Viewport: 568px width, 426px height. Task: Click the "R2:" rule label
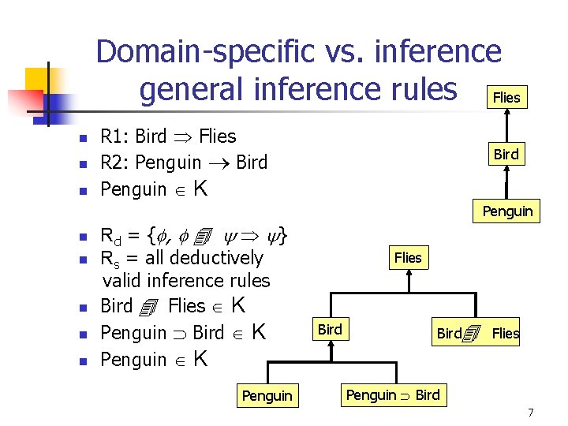[x=117, y=163]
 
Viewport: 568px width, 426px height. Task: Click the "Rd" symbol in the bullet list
[x=111, y=235]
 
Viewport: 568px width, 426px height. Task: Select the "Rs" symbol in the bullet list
[x=110, y=259]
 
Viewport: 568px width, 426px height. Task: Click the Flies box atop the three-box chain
[x=506, y=97]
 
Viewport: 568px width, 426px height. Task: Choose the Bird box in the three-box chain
[x=506, y=155]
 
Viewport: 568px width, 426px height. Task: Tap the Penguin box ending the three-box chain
[x=507, y=211]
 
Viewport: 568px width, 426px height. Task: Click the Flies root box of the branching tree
[x=408, y=257]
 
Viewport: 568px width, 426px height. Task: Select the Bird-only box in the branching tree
[x=330, y=330]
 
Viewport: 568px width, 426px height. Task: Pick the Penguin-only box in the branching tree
[x=267, y=395]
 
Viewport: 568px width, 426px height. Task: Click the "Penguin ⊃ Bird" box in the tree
[x=393, y=394]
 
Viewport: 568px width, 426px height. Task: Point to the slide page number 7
[x=531, y=413]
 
